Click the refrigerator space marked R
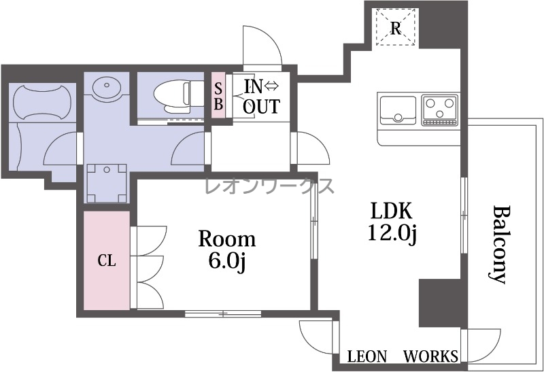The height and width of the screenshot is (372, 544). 396,27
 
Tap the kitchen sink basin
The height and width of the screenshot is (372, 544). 398,110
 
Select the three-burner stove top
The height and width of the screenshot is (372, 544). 440,109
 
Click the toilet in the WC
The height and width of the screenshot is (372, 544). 173,97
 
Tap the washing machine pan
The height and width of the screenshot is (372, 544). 107,183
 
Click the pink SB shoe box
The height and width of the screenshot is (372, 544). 218,95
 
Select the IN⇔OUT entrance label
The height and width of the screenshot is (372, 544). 261,97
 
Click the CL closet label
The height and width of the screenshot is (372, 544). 107,260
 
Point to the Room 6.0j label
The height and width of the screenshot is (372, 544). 227,250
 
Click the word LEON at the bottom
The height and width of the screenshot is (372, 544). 367,356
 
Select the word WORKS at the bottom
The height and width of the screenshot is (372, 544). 430,356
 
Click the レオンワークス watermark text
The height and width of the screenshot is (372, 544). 269,186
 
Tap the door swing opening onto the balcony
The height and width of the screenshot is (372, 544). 481,346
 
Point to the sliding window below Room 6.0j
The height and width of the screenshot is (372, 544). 223,314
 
